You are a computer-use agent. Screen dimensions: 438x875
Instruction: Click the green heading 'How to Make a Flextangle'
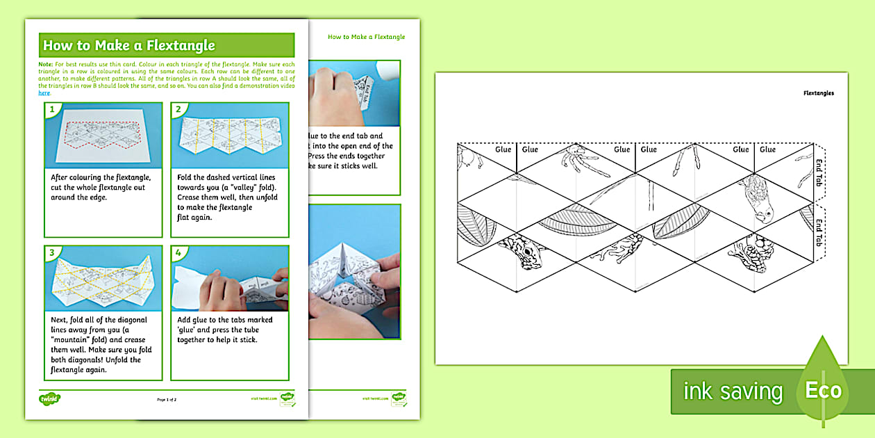click(129, 46)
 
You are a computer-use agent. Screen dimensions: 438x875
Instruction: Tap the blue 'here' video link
click(44, 92)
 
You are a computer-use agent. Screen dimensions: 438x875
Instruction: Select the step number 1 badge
click(51, 109)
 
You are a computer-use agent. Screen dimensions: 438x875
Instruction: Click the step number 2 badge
click(178, 109)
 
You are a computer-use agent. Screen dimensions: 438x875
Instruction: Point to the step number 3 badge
click(51, 252)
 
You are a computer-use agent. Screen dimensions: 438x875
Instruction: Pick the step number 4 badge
click(178, 252)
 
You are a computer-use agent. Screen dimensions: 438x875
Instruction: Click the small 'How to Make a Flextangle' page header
click(366, 37)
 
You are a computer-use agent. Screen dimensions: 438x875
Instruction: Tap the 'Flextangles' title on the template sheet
click(818, 92)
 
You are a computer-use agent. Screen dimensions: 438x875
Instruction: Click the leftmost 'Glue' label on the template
click(503, 149)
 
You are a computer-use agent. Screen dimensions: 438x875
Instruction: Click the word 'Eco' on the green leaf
click(823, 390)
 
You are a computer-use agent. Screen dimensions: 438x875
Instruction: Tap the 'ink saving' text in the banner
click(732, 391)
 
